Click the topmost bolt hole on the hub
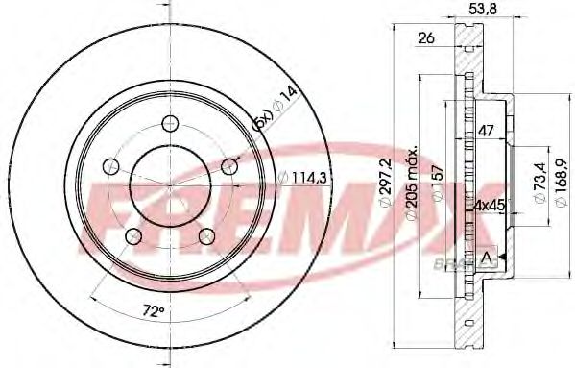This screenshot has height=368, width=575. [x=169, y=122]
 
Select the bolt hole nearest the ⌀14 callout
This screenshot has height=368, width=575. [x=228, y=166]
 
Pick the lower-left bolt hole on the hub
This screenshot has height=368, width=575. [x=132, y=236]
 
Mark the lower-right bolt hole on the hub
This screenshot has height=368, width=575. [x=205, y=236]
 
